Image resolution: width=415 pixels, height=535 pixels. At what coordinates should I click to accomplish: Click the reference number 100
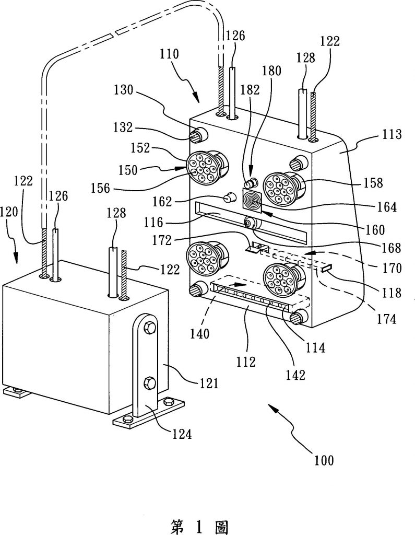pyautogui.click(x=324, y=460)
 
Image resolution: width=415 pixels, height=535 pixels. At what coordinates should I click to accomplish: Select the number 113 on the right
pyautogui.click(x=391, y=134)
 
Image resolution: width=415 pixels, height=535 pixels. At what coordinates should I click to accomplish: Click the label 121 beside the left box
pyautogui.click(x=208, y=383)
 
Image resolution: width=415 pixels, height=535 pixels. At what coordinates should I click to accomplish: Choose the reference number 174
pyautogui.click(x=386, y=319)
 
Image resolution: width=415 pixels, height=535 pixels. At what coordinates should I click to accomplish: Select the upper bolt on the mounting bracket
pyautogui.click(x=150, y=328)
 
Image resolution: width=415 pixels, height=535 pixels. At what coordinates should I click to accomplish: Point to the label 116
pyautogui.click(x=153, y=222)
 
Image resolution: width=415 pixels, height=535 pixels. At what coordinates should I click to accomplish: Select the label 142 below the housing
pyautogui.click(x=295, y=375)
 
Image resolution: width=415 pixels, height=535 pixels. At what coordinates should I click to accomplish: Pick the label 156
pyautogui.click(x=101, y=188)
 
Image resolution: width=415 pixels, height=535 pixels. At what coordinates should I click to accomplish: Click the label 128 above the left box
pyautogui.click(x=116, y=213)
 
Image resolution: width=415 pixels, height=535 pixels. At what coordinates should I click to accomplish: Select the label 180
pyautogui.click(x=271, y=71)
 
